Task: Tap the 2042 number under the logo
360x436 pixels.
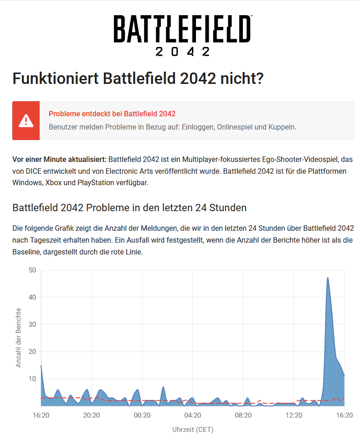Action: [182, 51]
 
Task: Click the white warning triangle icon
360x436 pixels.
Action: [26, 121]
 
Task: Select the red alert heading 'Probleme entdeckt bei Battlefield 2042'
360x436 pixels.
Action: [112, 114]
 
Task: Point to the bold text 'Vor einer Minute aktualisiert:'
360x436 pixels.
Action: [59, 160]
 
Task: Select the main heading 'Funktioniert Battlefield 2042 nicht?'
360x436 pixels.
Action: [138, 79]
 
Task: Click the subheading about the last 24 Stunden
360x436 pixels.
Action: [129, 208]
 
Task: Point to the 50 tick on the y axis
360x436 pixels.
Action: [32, 270]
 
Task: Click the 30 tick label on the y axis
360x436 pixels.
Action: [32, 324]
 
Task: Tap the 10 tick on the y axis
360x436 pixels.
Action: [32, 379]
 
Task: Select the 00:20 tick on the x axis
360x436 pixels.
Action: [142, 415]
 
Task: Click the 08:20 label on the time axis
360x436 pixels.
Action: [243, 415]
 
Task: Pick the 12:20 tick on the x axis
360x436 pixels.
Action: [294, 415]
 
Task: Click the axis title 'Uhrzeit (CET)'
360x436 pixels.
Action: [193, 429]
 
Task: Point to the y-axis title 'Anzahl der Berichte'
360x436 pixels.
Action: [19, 337]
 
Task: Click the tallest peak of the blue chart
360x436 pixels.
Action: [328, 278]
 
